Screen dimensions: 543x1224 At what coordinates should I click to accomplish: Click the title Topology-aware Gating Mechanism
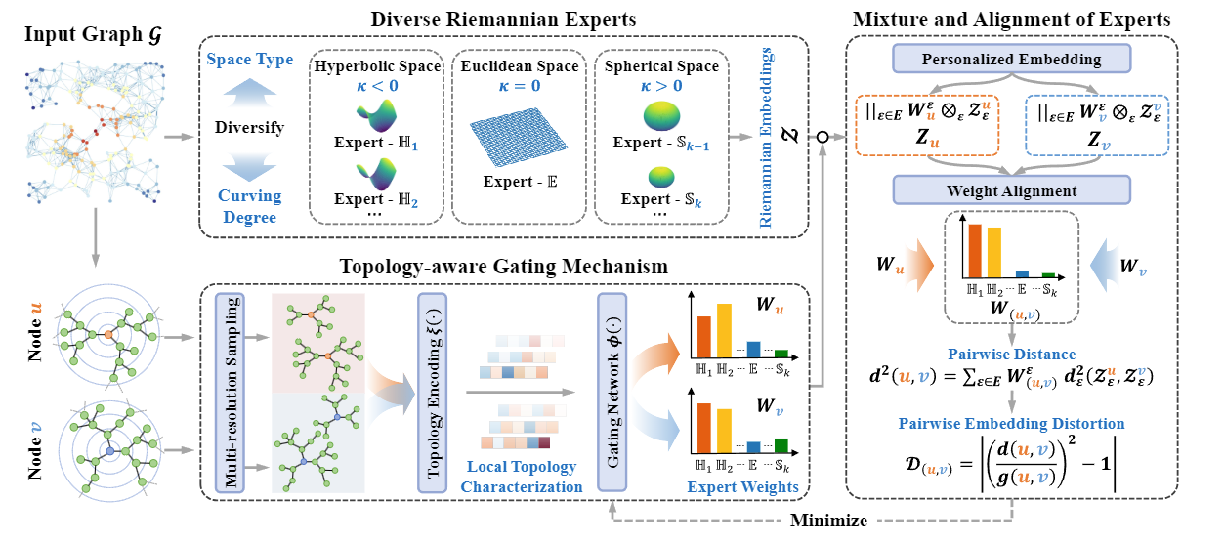[503, 266]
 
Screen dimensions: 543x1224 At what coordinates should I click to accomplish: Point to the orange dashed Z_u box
[928, 124]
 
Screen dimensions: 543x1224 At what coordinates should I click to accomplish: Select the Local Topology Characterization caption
[523, 477]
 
